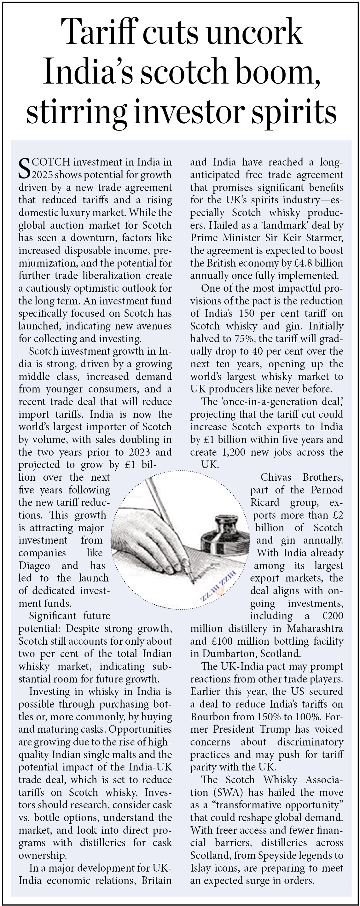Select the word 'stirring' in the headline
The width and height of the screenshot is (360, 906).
click(76, 112)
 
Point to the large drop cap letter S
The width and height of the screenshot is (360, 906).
click(25, 169)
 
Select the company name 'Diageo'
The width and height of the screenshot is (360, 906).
click(34, 566)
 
